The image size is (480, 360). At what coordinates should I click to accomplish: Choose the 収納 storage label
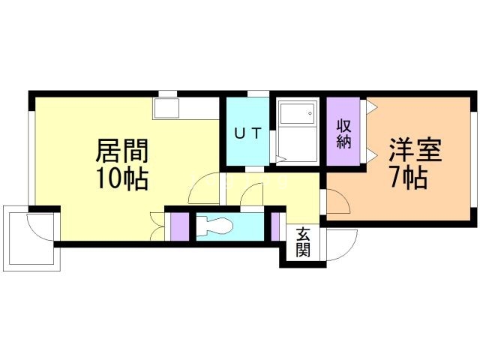[x=343, y=133]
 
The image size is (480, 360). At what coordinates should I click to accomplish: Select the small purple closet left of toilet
[x=179, y=226]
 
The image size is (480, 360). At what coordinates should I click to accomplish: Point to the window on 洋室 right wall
[x=473, y=161]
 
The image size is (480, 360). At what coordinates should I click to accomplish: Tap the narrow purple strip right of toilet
[x=275, y=226]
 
